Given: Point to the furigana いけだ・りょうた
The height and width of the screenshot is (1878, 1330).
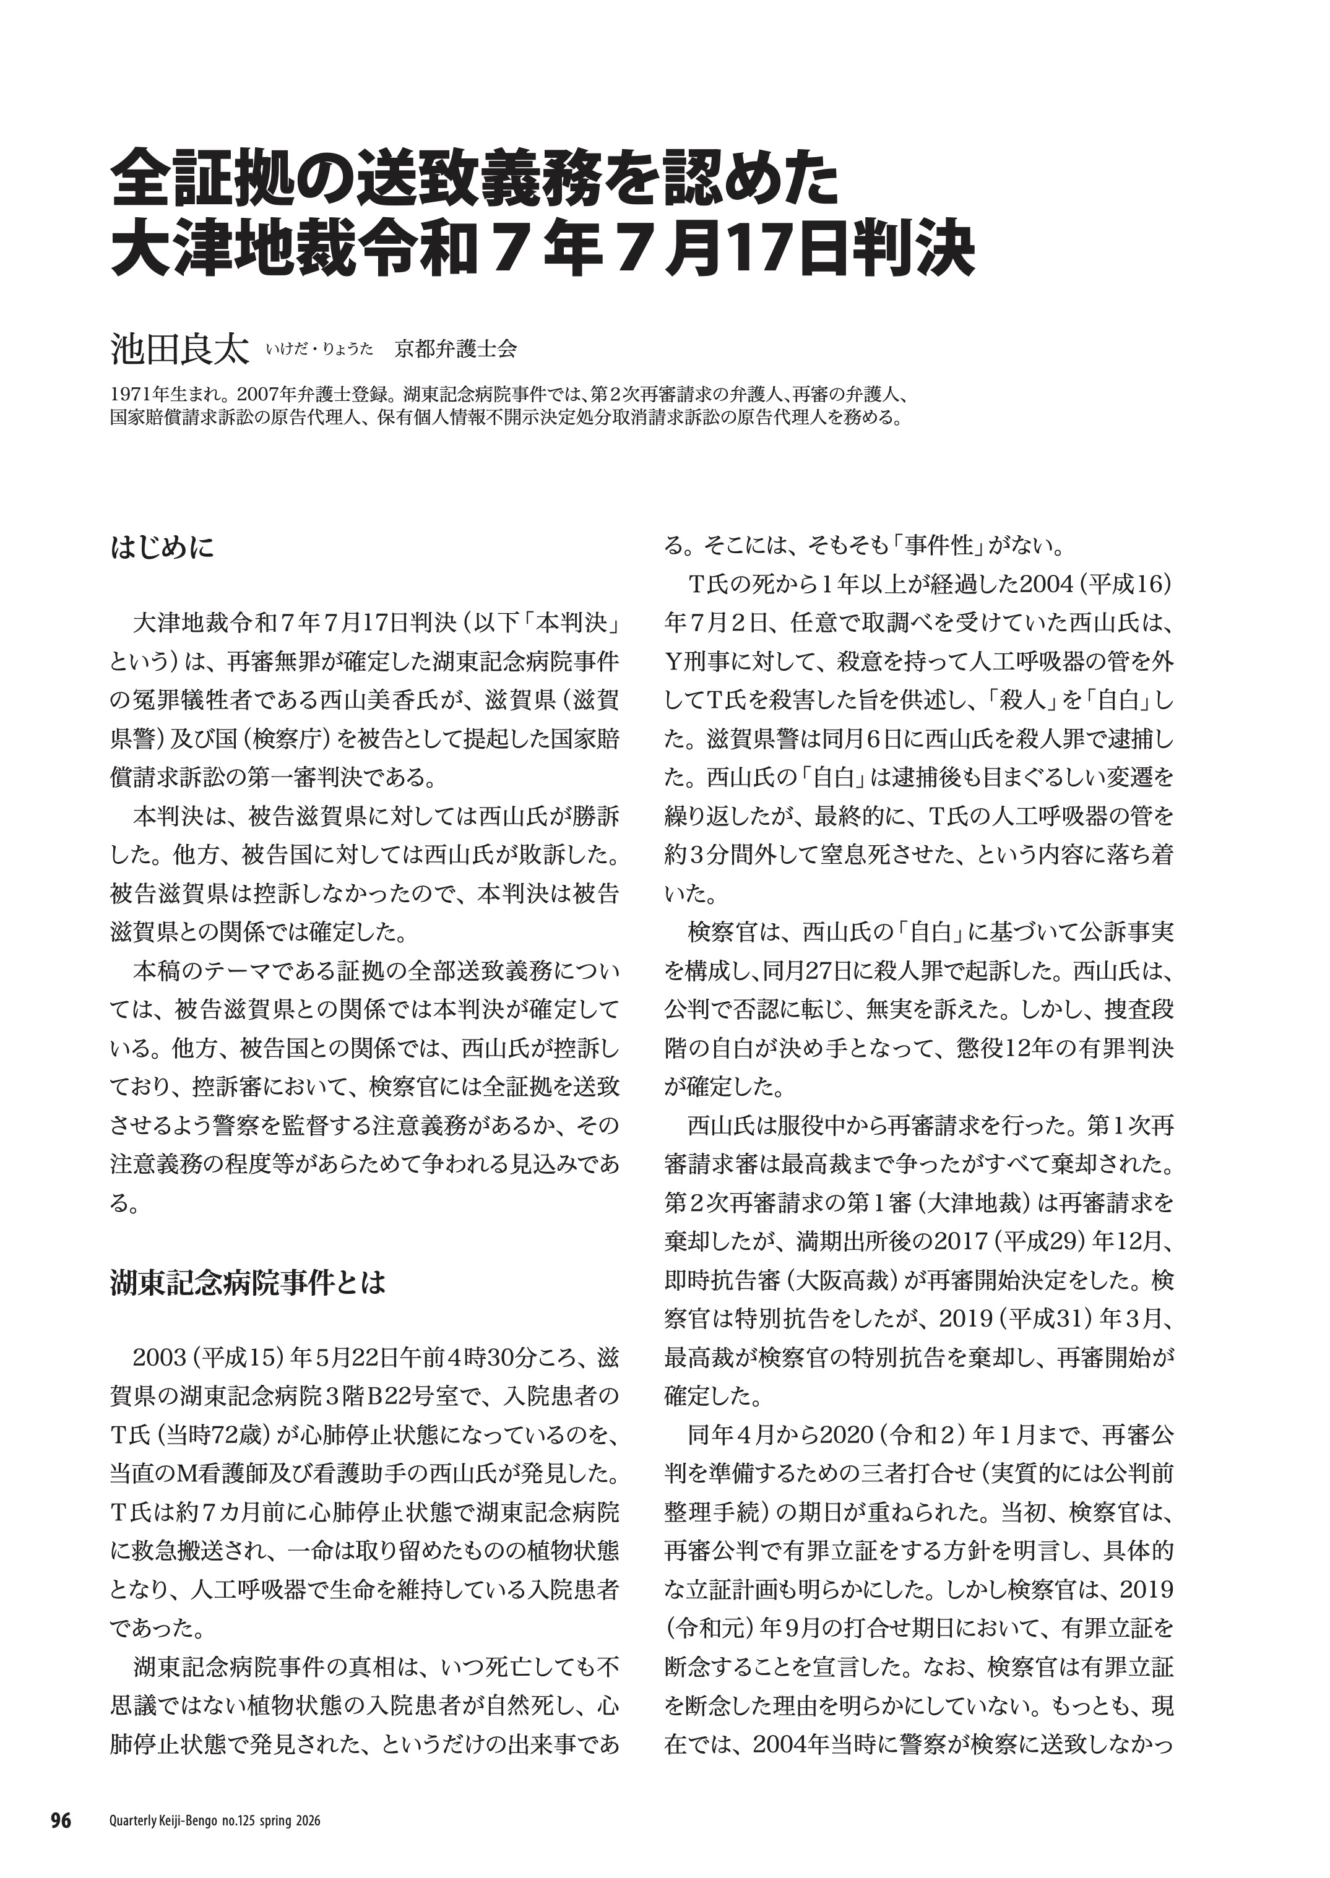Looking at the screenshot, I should (319, 350).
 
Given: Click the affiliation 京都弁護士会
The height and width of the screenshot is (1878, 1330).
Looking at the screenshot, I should (456, 350).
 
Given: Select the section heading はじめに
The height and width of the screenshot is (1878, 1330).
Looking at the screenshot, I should (162, 547).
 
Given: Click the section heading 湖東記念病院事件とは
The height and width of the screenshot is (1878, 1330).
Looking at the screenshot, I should (248, 1283).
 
